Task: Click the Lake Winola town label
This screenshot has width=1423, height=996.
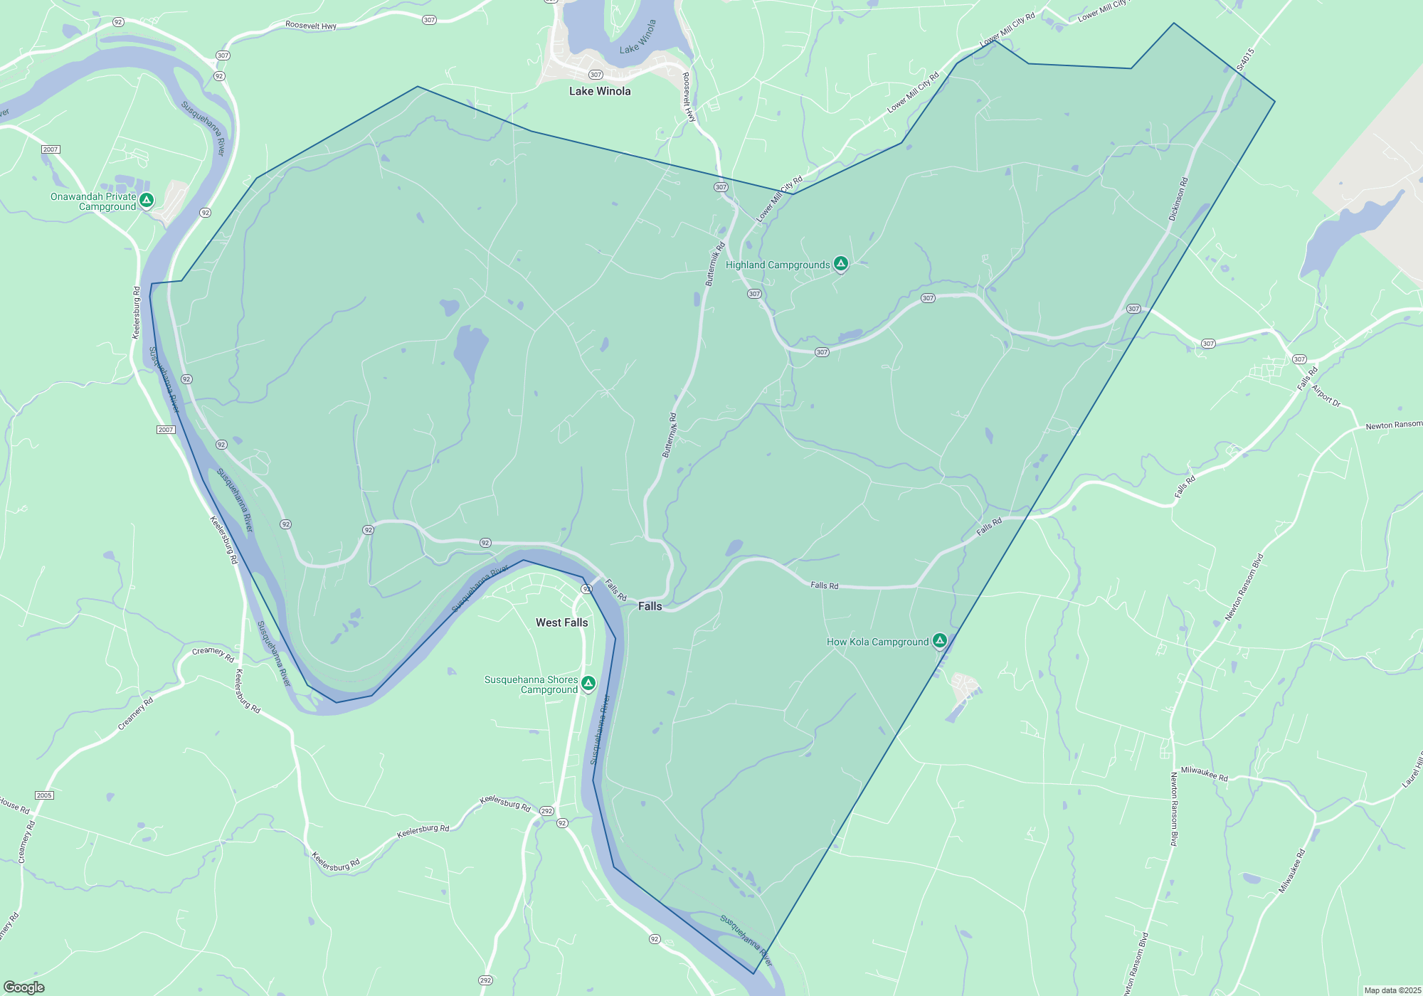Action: pyautogui.click(x=600, y=91)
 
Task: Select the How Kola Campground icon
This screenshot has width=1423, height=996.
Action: pyautogui.click(x=940, y=641)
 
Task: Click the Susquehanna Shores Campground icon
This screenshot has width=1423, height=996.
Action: pyautogui.click(x=588, y=684)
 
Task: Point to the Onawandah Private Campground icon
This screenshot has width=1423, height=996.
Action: pyautogui.click(x=147, y=201)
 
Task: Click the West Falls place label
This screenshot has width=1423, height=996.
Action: pyautogui.click(x=561, y=622)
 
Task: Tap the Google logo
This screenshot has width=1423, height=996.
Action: pyautogui.click(x=24, y=987)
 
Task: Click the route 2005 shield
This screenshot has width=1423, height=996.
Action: pyautogui.click(x=44, y=795)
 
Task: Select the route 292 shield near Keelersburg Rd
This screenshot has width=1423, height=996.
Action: pyautogui.click(x=546, y=811)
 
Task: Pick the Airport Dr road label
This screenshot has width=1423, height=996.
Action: pyautogui.click(x=1326, y=396)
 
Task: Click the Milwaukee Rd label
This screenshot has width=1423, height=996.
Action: pyautogui.click(x=1204, y=773)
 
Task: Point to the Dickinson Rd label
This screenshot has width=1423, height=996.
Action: pyautogui.click(x=1178, y=199)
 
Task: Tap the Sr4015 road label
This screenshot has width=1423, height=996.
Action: pyautogui.click(x=1245, y=59)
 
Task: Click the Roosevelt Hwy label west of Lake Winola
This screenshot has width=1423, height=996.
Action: pyautogui.click(x=311, y=26)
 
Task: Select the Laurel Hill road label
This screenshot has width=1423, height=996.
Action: pyautogui.click(x=1412, y=772)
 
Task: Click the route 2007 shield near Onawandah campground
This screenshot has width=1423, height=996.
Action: pyautogui.click(x=51, y=149)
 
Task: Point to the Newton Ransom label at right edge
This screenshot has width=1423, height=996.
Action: pyautogui.click(x=1393, y=425)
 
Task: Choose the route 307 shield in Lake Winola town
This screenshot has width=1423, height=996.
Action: pyautogui.click(x=596, y=75)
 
